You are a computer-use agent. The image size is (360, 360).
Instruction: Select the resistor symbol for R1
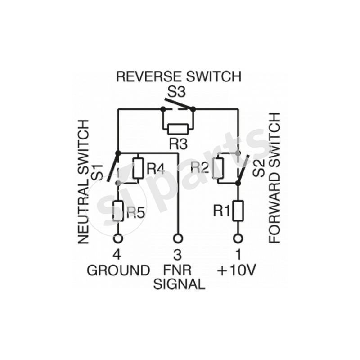coord(238,211)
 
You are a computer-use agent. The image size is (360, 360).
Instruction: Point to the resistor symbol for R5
coord(117,211)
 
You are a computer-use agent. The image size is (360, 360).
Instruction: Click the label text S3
coord(177,92)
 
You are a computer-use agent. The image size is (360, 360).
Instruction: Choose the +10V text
coord(236,270)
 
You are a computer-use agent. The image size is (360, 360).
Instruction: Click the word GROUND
coord(118,270)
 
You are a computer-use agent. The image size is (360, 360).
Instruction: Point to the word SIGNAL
coord(179,284)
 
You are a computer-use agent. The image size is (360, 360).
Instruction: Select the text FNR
coord(178,270)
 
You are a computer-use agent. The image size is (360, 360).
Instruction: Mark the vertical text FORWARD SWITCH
coord(274,178)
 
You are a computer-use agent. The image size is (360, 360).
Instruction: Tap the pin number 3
coord(178,255)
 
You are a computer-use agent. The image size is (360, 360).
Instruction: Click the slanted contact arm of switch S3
coord(176,105)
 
